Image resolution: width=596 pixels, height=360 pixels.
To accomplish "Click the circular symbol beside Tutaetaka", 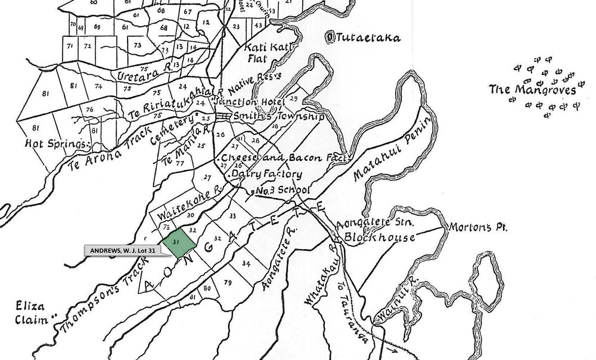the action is point(331,38).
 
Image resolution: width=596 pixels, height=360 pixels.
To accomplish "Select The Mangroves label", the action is point(532,91).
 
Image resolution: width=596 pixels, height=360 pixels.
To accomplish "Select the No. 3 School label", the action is point(284,191).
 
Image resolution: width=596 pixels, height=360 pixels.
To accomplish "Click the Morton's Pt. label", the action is point(477,228).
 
